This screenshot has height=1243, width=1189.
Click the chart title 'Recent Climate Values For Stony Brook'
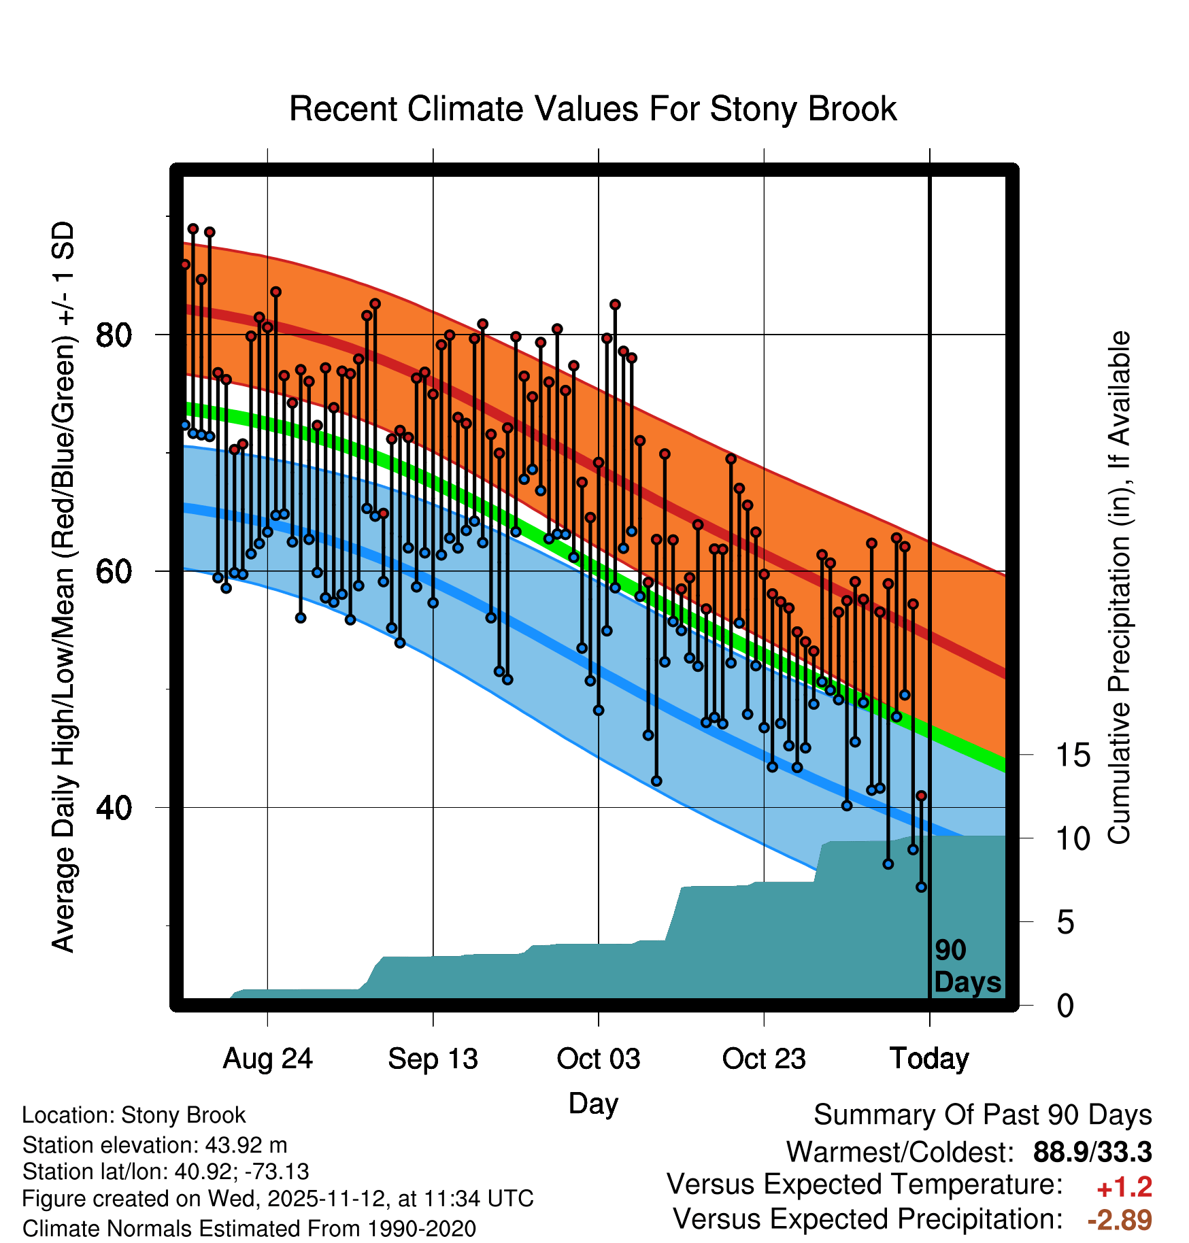click(x=592, y=109)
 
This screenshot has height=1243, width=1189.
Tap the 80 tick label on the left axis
click(x=114, y=335)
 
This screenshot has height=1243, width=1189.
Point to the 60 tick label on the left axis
click(x=114, y=571)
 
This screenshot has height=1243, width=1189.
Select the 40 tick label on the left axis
click(x=114, y=808)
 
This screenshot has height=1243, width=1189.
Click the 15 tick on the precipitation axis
click(x=1073, y=755)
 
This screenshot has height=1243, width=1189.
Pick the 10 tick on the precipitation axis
click(x=1073, y=838)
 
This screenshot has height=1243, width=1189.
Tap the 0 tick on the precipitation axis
click(x=1065, y=1005)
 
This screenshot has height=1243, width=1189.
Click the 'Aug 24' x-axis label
click(x=267, y=1059)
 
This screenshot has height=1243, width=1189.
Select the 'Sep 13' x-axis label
click(x=433, y=1059)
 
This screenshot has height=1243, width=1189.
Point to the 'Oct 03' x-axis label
click(x=598, y=1059)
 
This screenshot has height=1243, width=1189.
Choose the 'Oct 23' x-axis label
click(x=764, y=1059)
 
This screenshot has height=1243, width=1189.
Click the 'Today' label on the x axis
click(x=929, y=1059)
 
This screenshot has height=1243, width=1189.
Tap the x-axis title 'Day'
click(x=592, y=1103)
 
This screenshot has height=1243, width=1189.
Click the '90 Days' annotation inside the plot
click(x=967, y=966)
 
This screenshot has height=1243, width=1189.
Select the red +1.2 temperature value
click(x=1124, y=1187)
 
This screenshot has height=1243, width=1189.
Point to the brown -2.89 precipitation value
click(x=1119, y=1220)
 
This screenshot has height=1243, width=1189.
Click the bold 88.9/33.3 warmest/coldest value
click(x=1092, y=1152)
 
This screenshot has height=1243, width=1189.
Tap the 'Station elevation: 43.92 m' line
click(x=154, y=1145)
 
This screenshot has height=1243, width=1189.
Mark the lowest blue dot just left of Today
click(x=921, y=887)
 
